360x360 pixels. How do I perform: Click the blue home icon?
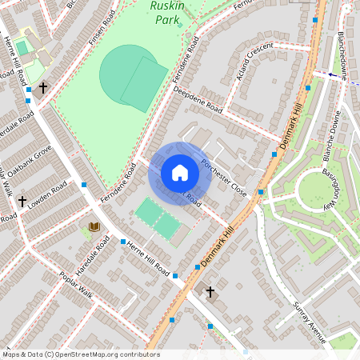[x=180, y=173]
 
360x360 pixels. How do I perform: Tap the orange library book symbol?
[x=94, y=227]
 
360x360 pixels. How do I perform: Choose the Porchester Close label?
[x=224, y=177]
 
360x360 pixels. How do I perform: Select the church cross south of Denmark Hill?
[x=210, y=292]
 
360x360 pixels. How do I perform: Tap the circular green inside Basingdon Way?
[x=317, y=190]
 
